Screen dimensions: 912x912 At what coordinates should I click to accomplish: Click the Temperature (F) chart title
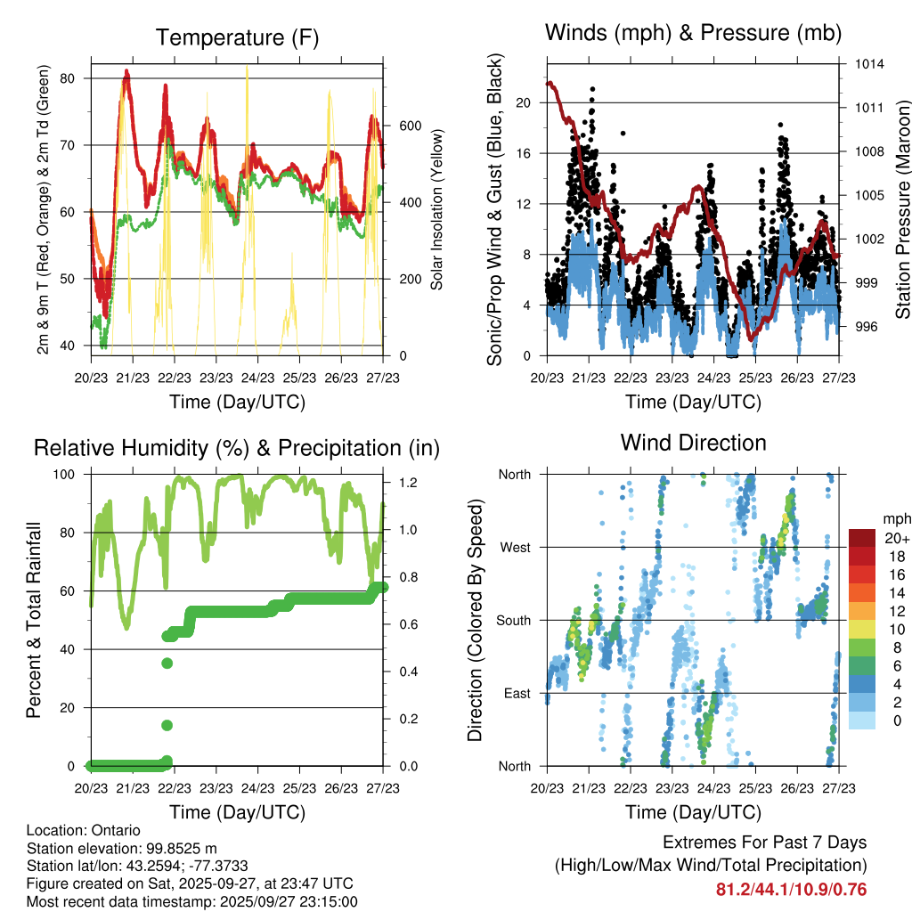pyautogui.click(x=237, y=37)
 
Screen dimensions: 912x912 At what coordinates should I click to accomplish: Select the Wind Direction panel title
pyautogui.click(x=693, y=443)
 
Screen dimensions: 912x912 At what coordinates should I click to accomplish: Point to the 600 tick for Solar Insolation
pyautogui.click(x=410, y=126)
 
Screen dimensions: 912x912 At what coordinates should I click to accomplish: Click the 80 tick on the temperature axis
pyautogui.click(x=76, y=78)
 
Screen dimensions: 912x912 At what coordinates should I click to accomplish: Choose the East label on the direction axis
pyautogui.click(x=515, y=693)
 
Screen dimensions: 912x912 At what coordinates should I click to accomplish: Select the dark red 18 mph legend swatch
pyautogui.click(x=862, y=556)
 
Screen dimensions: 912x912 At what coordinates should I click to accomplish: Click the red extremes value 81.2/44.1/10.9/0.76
pyautogui.click(x=791, y=889)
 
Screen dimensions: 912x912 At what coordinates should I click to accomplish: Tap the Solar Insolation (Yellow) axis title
pyautogui.click(x=437, y=207)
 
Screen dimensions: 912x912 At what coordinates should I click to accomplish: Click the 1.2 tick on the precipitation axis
pyautogui.click(x=409, y=483)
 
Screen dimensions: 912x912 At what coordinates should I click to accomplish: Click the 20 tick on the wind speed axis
pyautogui.click(x=524, y=102)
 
